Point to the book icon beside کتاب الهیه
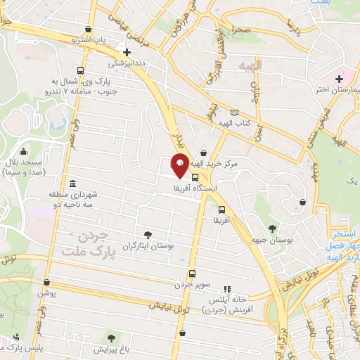coord(234,112)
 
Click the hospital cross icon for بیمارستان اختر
coord(340,77)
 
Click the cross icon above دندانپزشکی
coord(127,52)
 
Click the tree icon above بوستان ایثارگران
coord(147,235)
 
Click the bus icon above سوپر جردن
coord(192,274)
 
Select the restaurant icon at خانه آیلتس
coord(226,288)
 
